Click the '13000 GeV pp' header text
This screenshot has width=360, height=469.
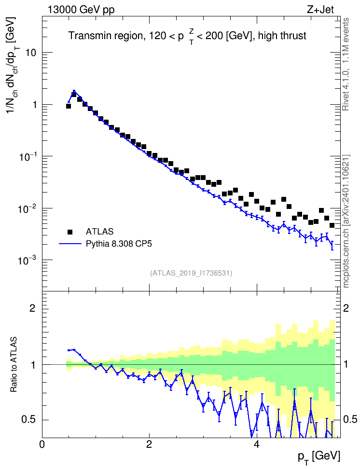(x=81, y=10)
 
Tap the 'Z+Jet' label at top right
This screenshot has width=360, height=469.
(x=320, y=10)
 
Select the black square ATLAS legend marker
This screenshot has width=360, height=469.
(x=70, y=232)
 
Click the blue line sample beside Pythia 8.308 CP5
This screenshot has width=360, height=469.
(x=70, y=244)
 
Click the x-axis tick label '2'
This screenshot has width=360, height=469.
(x=149, y=444)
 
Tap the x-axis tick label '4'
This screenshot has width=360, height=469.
(x=257, y=444)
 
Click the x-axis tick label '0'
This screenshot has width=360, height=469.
(x=42, y=444)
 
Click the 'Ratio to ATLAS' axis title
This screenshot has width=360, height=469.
(x=14, y=365)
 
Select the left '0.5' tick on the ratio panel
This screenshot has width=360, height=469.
(x=29, y=420)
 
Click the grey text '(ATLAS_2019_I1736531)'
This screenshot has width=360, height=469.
(x=191, y=273)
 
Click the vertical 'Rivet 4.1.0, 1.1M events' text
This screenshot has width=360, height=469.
(x=346, y=64)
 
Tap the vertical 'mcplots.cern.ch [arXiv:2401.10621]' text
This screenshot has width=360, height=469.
(x=346, y=221)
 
